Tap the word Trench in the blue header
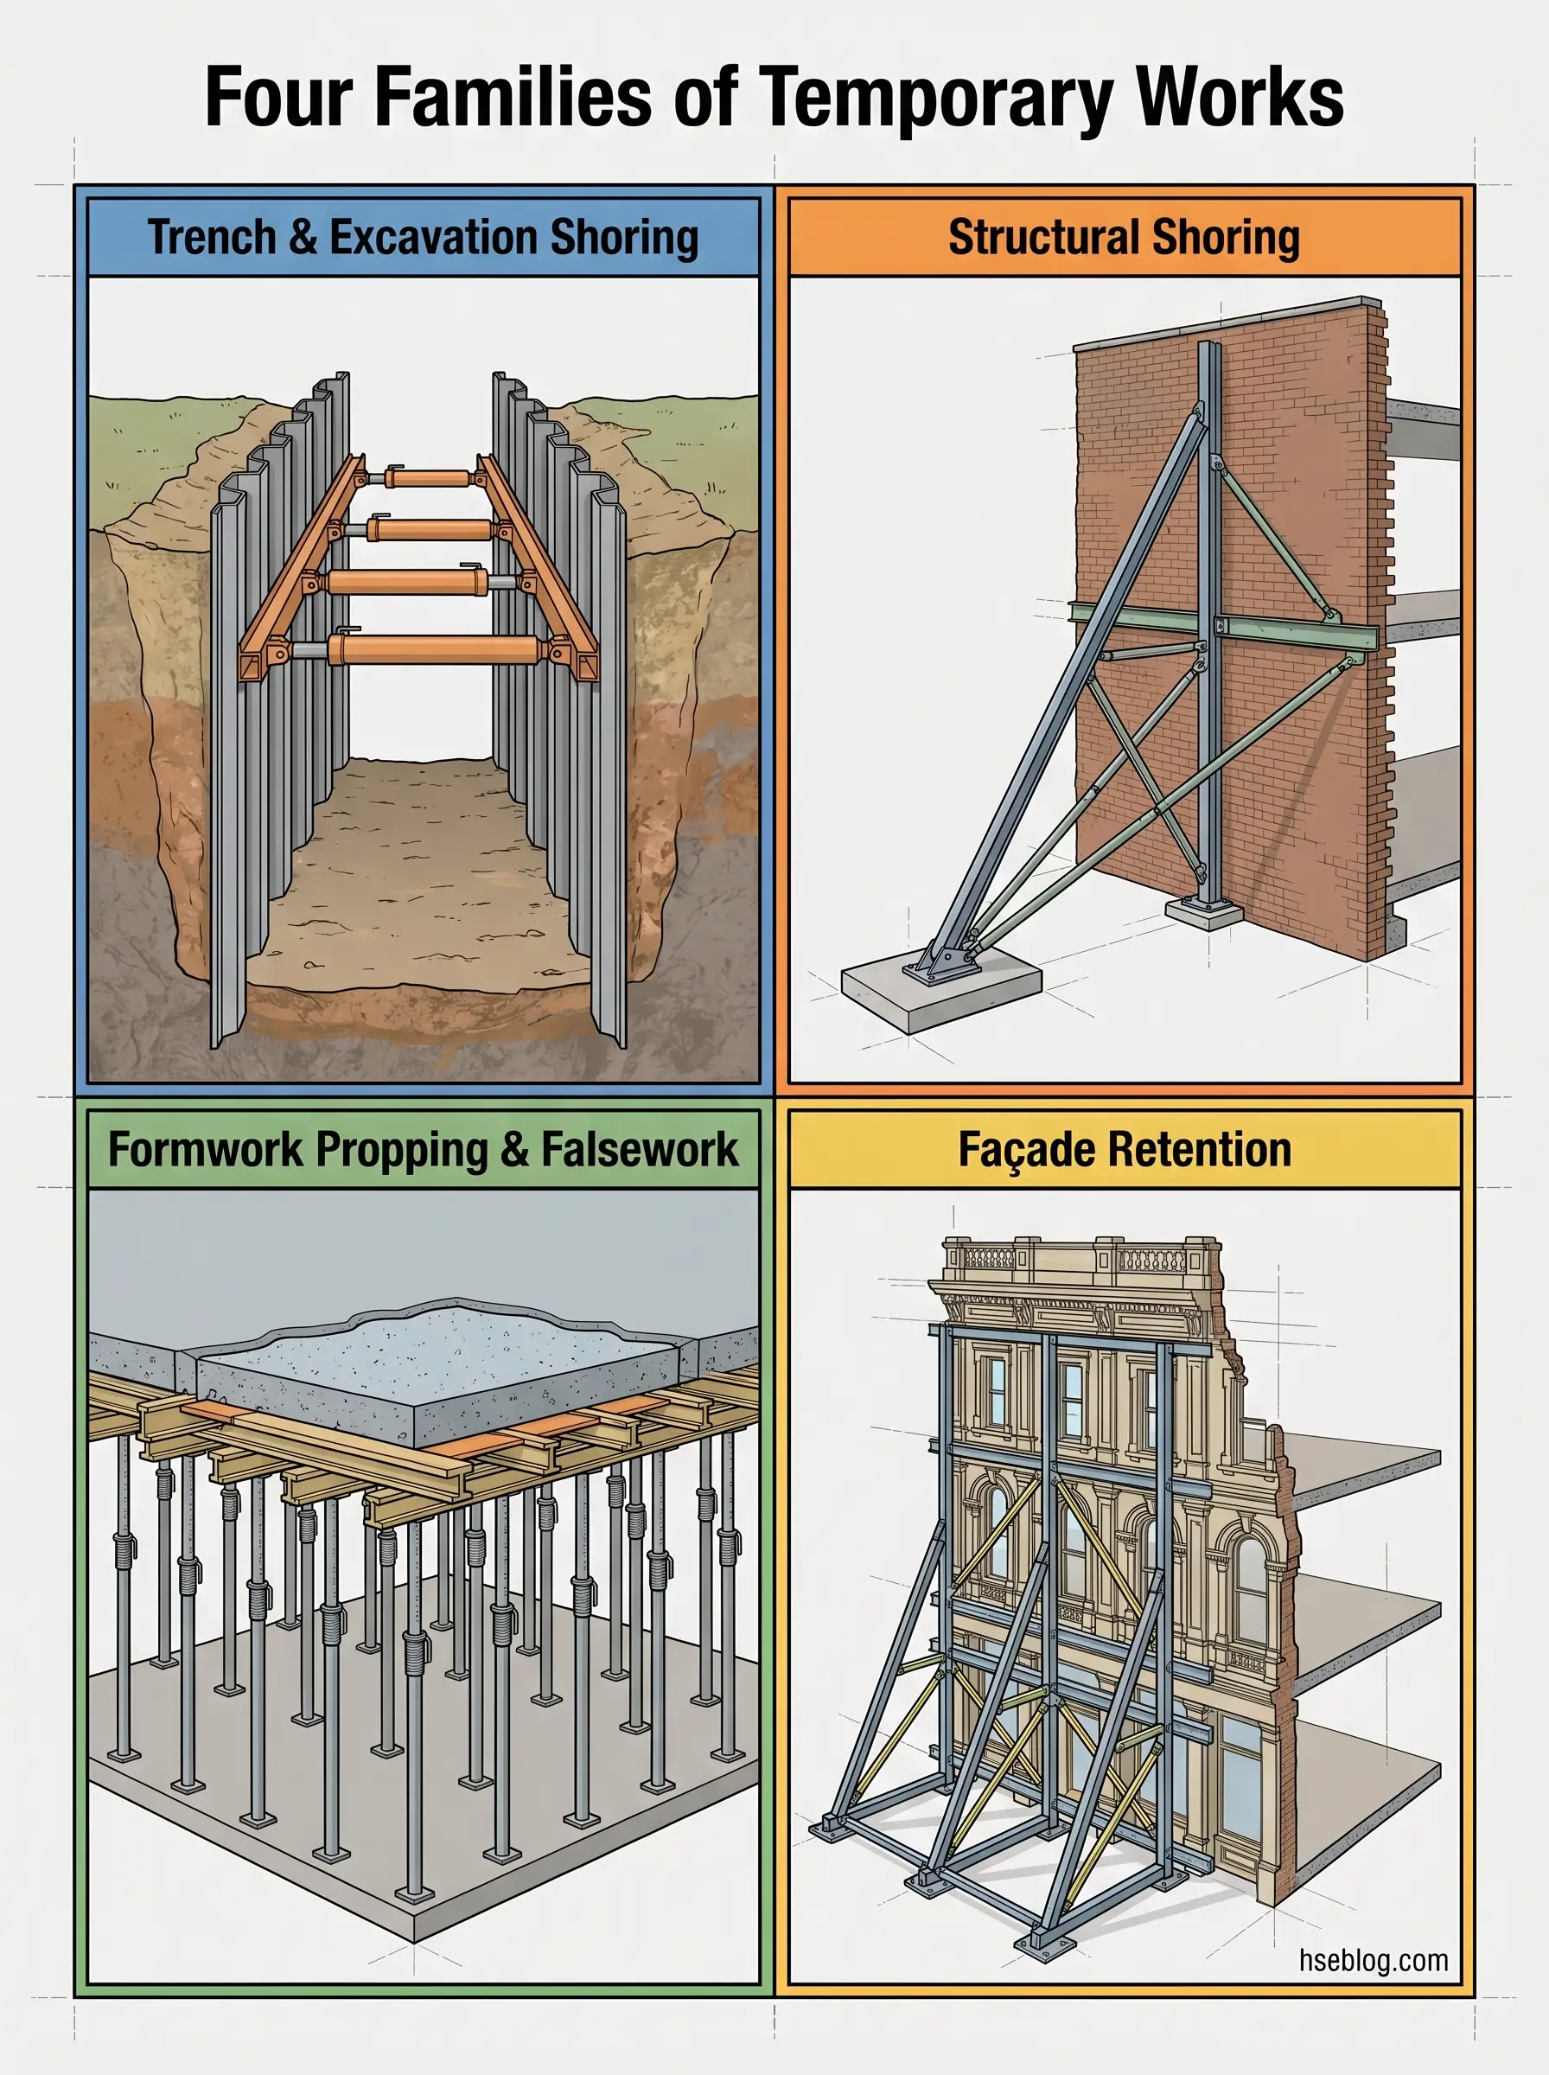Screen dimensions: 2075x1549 point(211,236)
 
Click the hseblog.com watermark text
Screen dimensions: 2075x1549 point(1373,1960)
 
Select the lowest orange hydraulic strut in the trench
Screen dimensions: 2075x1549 point(433,648)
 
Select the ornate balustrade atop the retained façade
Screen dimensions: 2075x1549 point(1078,1256)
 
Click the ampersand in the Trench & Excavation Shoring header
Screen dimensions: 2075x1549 point(303,236)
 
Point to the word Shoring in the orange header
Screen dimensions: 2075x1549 point(1225,236)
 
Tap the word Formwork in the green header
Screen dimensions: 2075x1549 point(204,1150)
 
